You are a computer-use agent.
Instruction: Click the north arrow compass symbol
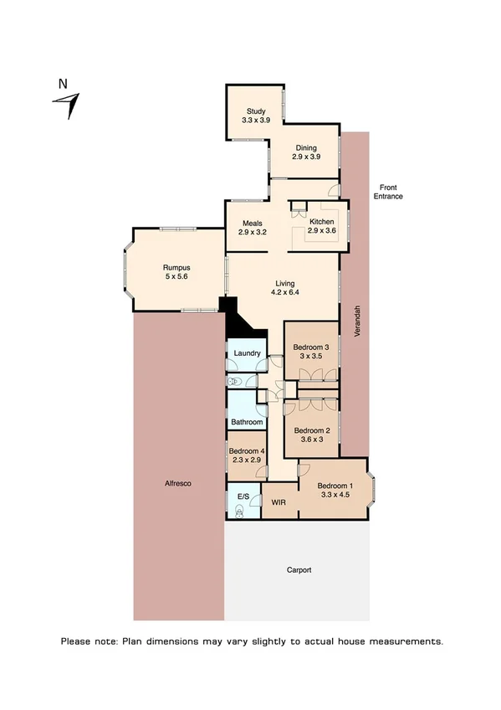pos(67,101)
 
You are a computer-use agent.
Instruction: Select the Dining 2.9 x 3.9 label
pos(305,152)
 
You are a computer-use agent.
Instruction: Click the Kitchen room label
pos(321,225)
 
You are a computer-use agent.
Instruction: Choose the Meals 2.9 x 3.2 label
pos(253,229)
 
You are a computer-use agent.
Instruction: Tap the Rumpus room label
pos(176,272)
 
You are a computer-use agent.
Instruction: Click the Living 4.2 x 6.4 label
pos(284,288)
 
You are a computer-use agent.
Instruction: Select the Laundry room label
pos(248,354)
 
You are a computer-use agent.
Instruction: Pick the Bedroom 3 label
pos(311,352)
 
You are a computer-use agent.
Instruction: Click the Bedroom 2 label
pos(311,436)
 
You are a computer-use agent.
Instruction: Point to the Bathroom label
pos(248,423)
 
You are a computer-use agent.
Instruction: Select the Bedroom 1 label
pos(335,491)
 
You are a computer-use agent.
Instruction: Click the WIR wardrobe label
pos(279,502)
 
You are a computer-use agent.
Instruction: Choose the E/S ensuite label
pos(243,497)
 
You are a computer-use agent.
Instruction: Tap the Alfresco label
pos(179,484)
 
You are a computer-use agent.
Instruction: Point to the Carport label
pos(298,570)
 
